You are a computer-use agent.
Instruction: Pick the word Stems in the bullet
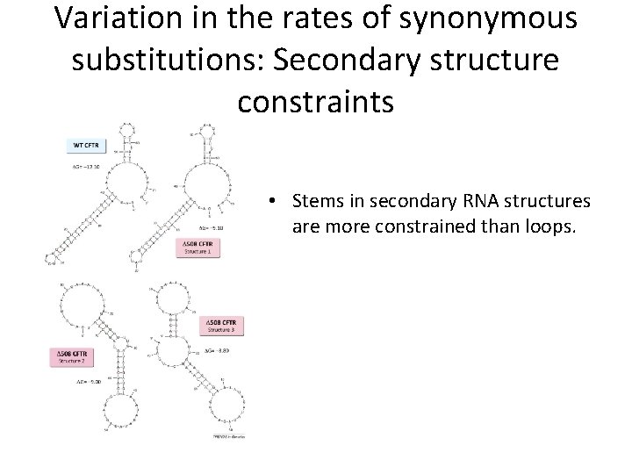[320, 202]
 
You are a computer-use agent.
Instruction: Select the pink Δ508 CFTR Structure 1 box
[197, 247]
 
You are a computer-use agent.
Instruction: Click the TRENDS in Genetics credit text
[226, 436]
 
